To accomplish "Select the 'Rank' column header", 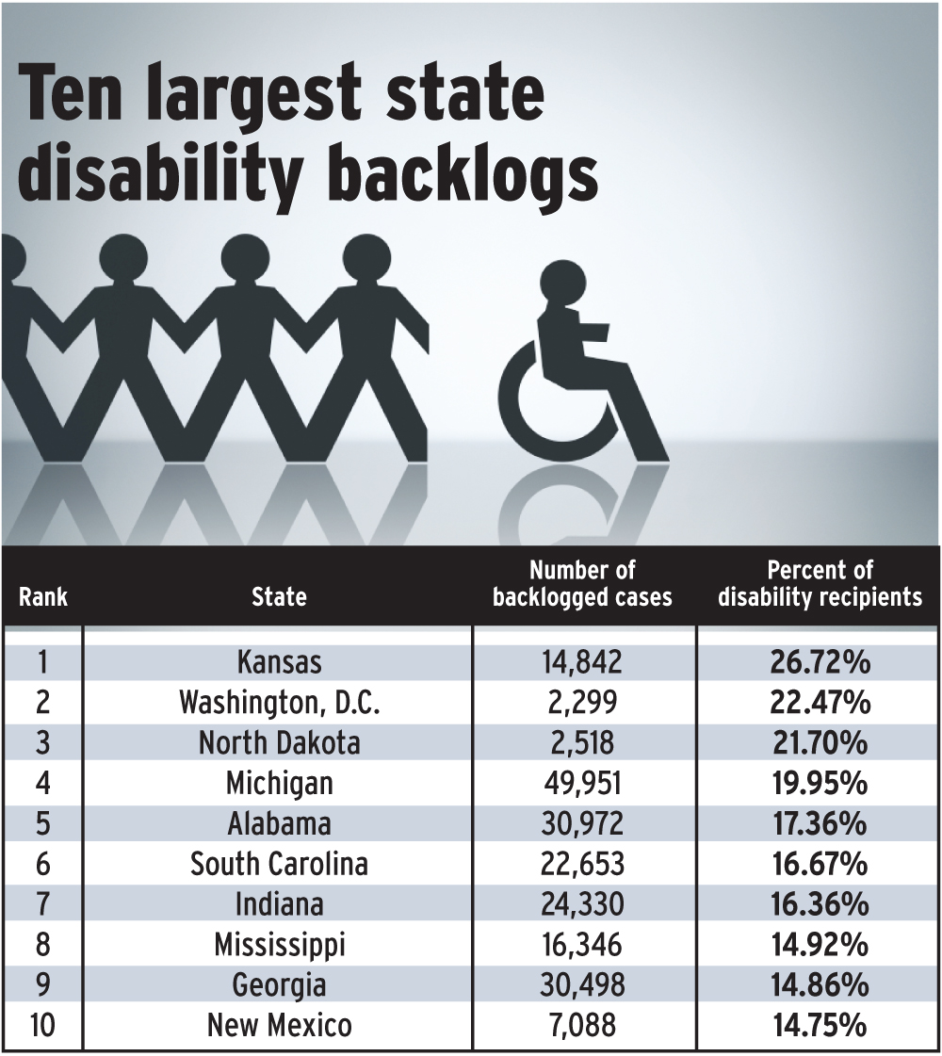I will coord(43,597).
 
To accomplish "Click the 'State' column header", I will coord(279,597).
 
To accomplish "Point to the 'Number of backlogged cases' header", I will coord(582,584).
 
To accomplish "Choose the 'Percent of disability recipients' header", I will coord(820,584).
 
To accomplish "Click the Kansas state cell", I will coord(279,662).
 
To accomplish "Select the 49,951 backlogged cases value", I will coord(582,783).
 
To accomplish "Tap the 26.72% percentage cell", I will coord(820,662).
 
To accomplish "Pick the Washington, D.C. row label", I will coord(279,703).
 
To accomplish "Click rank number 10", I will coord(43,1024).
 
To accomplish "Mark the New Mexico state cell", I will coord(279,1024).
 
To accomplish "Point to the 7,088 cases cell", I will coord(582,1024).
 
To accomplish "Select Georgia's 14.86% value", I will coord(820,984).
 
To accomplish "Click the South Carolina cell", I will coord(279,864).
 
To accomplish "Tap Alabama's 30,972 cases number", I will coord(582,823).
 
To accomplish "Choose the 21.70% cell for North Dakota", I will coord(820,743).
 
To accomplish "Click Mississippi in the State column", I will coord(279,944).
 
